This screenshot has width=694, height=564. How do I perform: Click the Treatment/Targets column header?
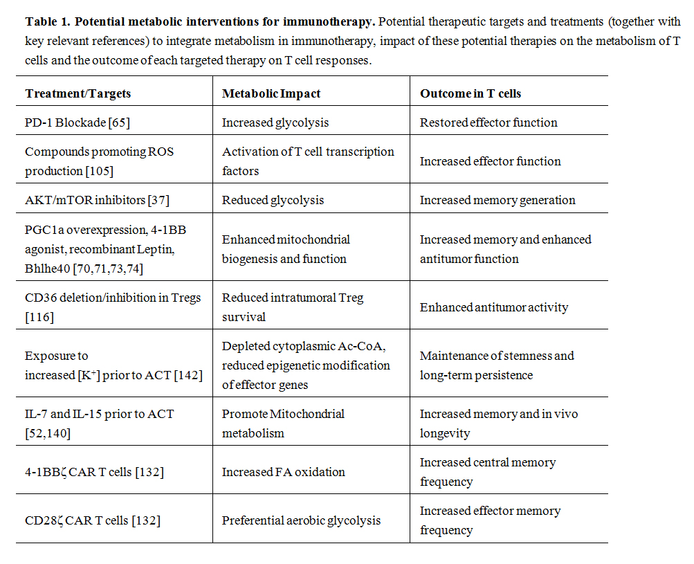click(77, 93)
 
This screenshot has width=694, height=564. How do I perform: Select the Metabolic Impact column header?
click(271, 93)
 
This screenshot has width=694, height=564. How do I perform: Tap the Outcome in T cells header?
click(471, 93)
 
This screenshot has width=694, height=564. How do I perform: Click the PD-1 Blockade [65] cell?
click(77, 122)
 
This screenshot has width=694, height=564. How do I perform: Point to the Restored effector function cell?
click(488, 122)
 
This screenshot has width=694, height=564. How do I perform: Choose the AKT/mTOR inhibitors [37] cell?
click(97, 200)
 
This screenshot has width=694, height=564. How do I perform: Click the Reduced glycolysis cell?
click(273, 200)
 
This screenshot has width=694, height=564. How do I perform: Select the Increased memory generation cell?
click(497, 200)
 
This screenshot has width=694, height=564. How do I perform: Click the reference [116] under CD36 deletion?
click(39, 317)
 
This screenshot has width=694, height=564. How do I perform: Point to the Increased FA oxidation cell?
click(283, 472)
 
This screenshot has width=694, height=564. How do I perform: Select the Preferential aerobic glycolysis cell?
click(301, 520)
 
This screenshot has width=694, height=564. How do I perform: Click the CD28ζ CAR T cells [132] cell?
click(93, 520)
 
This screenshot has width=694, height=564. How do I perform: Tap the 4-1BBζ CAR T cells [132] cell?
click(94, 472)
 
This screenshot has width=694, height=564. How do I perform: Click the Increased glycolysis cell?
click(275, 122)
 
